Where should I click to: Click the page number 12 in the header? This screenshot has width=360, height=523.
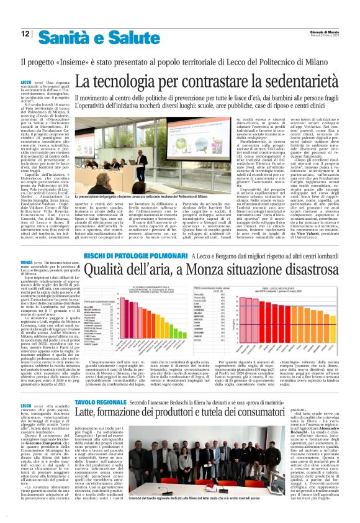(25, 34)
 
